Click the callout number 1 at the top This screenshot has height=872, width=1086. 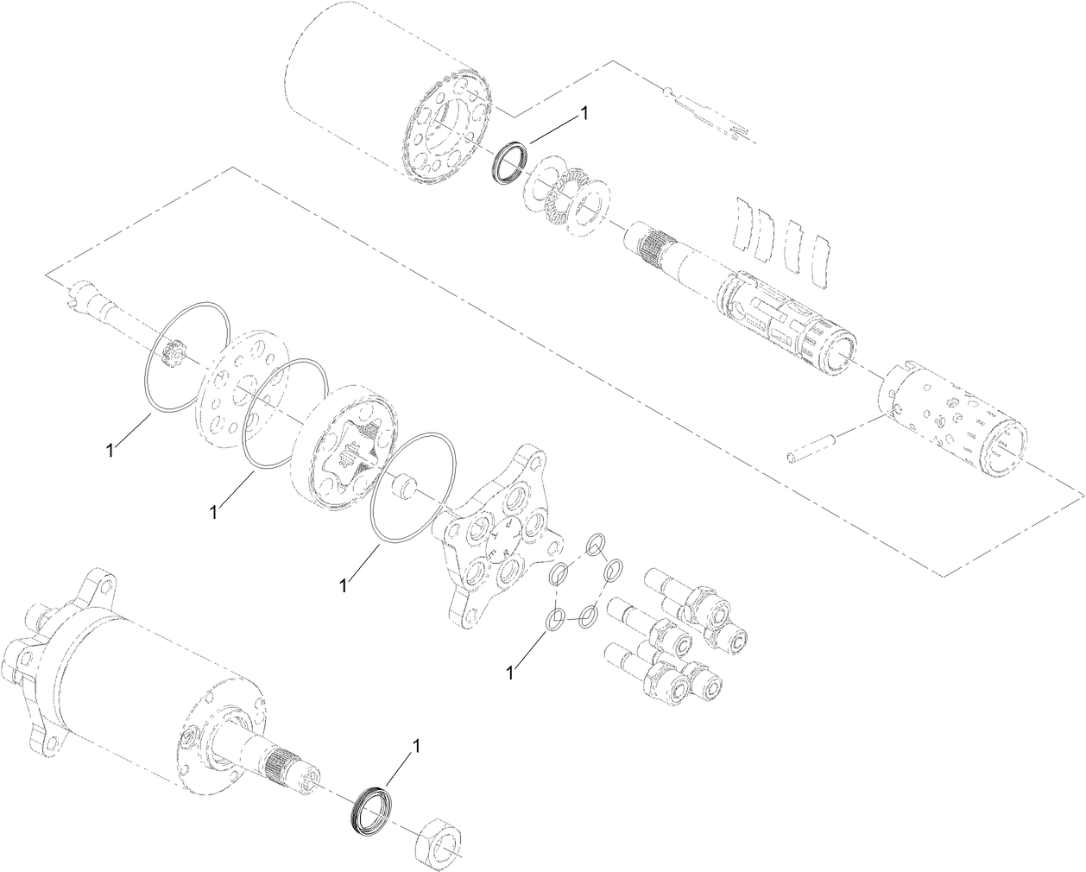pyautogui.click(x=584, y=113)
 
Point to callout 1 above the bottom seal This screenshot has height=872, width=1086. pyautogui.click(x=418, y=747)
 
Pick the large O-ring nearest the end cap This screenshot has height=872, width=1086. pyautogui.click(x=411, y=488)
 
